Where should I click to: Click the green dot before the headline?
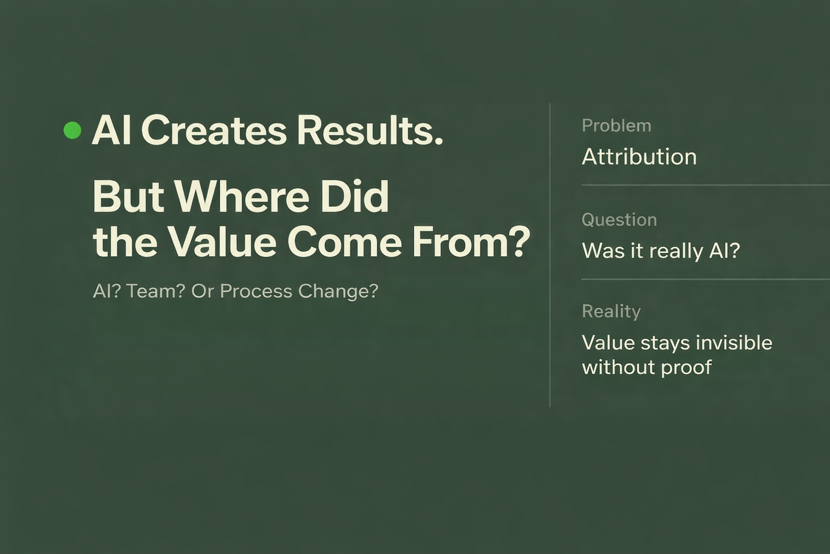[x=72, y=130]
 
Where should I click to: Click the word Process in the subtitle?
[x=256, y=291]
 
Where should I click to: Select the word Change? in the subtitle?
[x=338, y=291]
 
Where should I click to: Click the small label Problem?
[x=617, y=126]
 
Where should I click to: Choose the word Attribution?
[x=639, y=157]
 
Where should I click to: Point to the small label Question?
[x=619, y=220]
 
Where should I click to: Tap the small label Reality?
[x=611, y=311]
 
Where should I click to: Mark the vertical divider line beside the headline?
[x=550, y=254]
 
